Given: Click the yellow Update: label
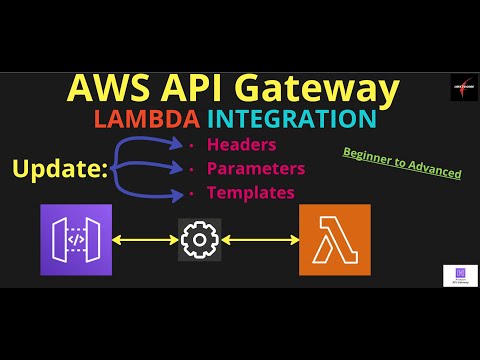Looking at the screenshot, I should (x=60, y=168).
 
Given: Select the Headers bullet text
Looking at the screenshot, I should (x=241, y=144).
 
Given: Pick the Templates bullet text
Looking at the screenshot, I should (x=250, y=191).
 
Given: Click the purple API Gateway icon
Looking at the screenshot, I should (x=77, y=240).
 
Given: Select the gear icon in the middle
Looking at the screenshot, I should (x=200, y=240).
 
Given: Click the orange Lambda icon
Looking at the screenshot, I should (x=334, y=240).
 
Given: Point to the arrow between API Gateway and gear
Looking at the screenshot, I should (x=146, y=240).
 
